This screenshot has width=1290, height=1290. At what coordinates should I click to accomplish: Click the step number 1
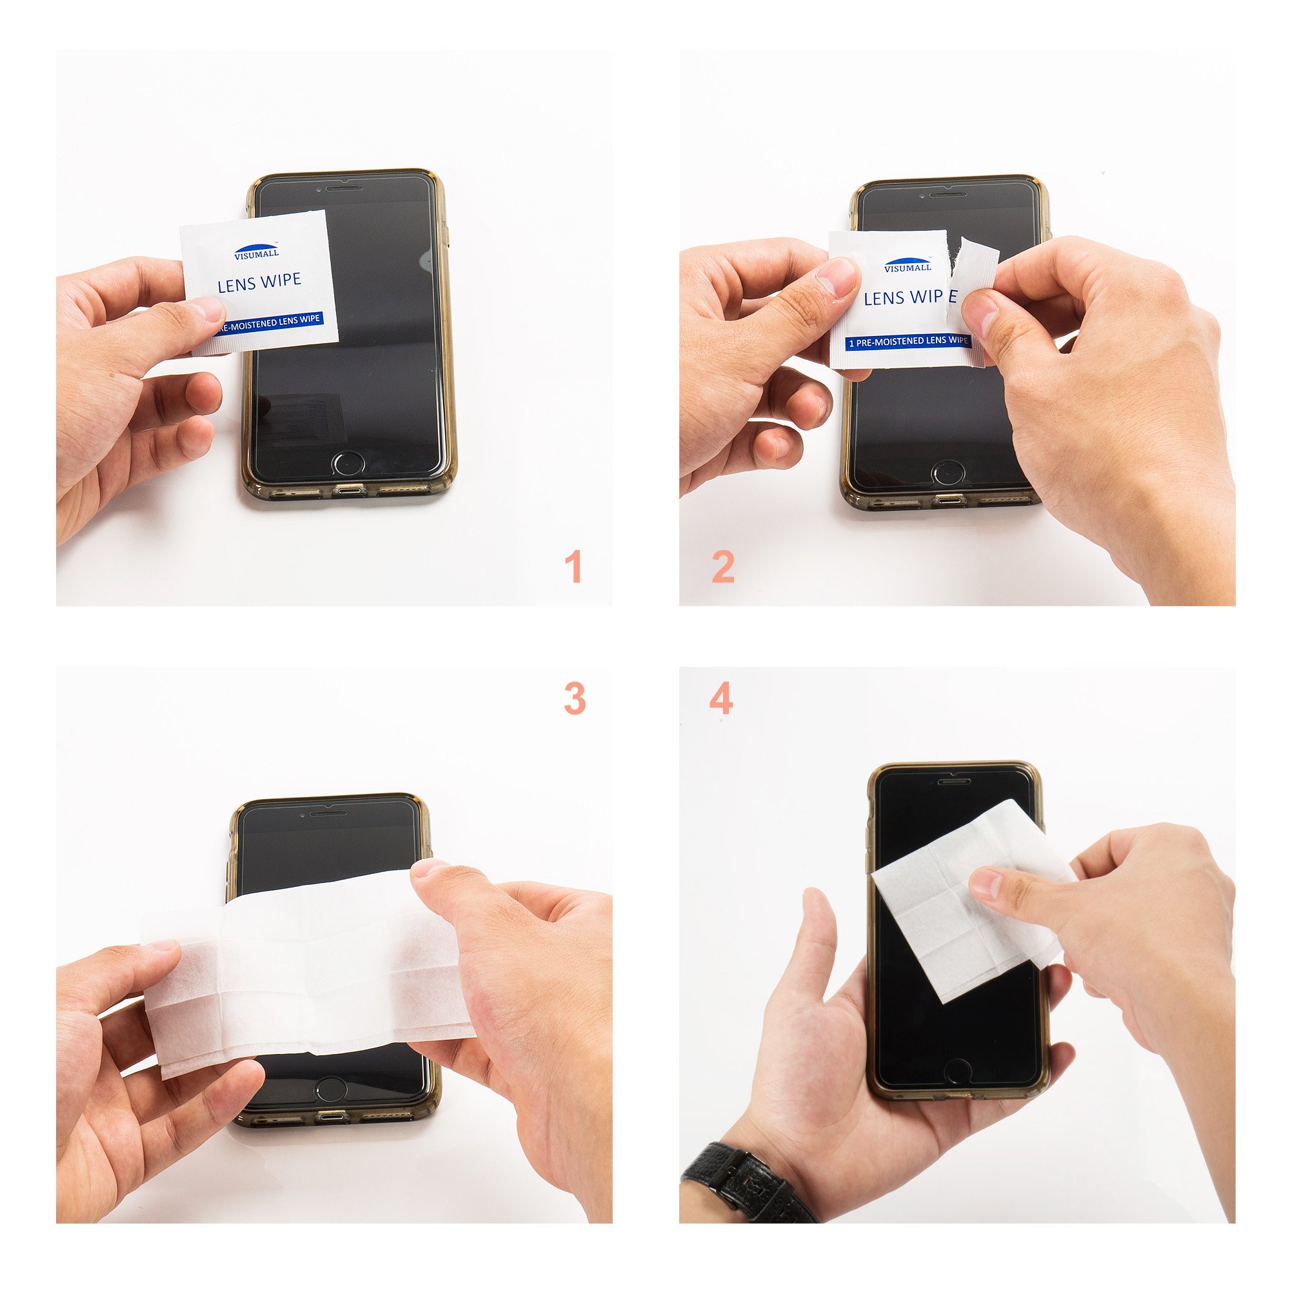click(x=573, y=567)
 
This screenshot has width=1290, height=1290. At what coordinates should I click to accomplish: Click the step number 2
click(x=723, y=567)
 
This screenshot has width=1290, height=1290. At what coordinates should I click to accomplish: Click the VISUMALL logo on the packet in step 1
click(x=257, y=250)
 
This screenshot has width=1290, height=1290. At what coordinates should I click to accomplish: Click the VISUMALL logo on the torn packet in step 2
click(x=908, y=265)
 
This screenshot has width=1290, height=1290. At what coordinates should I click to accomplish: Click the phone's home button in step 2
click(x=948, y=472)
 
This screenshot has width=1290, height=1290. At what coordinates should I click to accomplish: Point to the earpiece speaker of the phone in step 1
click(x=344, y=188)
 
